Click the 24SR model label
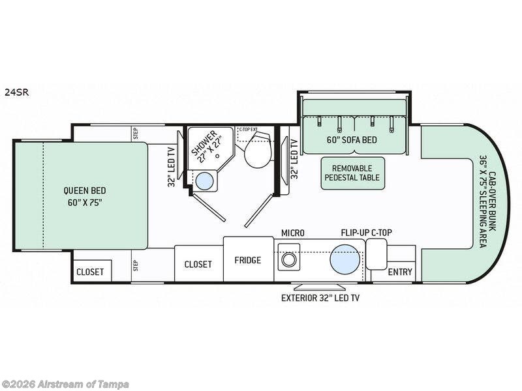(17, 92)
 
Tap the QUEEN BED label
(85, 190)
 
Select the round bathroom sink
(204, 181)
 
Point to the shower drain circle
(218, 155)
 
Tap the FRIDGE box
(249, 259)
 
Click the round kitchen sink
(345, 259)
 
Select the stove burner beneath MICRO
(288, 259)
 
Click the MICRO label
(293, 233)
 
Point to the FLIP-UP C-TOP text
(366, 233)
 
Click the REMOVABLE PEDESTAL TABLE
(352, 173)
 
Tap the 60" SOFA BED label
(352, 140)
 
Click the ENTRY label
(400, 272)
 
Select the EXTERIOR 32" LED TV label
(320, 298)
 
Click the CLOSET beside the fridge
(199, 264)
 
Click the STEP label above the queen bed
(136, 134)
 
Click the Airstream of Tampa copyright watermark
(65, 384)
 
